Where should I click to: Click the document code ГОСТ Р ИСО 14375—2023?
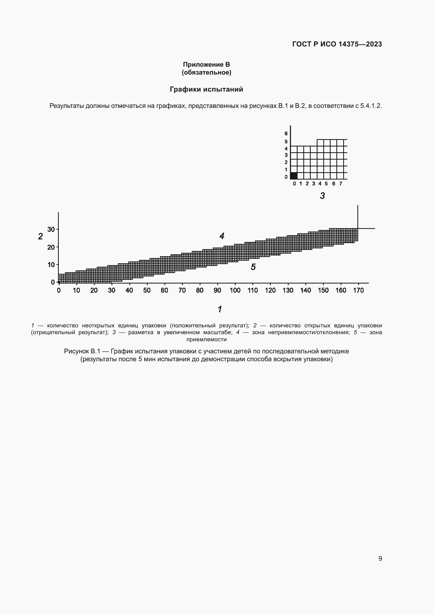click(x=337, y=44)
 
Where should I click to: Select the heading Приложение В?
click(x=206, y=65)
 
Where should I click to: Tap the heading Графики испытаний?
click(x=206, y=89)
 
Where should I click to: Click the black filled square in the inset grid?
click(x=294, y=176)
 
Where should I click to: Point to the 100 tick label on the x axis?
click(x=235, y=290)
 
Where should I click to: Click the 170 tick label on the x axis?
click(x=358, y=290)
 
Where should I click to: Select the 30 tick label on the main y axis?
click(x=51, y=229)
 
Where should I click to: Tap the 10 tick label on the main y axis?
click(x=51, y=265)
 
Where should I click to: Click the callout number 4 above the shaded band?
click(x=222, y=236)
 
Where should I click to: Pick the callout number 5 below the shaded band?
click(x=253, y=267)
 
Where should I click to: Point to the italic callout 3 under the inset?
click(x=322, y=196)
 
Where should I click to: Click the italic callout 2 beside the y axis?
click(x=40, y=237)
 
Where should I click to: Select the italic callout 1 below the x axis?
click(x=220, y=309)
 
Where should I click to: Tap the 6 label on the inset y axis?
click(x=286, y=133)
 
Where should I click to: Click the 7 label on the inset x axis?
click(x=341, y=183)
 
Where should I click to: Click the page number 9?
click(x=380, y=558)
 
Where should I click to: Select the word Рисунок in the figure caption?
click(x=76, y=351)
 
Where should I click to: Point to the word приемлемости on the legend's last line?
click(x=206, y=339)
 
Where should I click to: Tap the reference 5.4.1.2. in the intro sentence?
click(x=371, y=106)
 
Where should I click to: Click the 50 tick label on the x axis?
click(x=147, y=290)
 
